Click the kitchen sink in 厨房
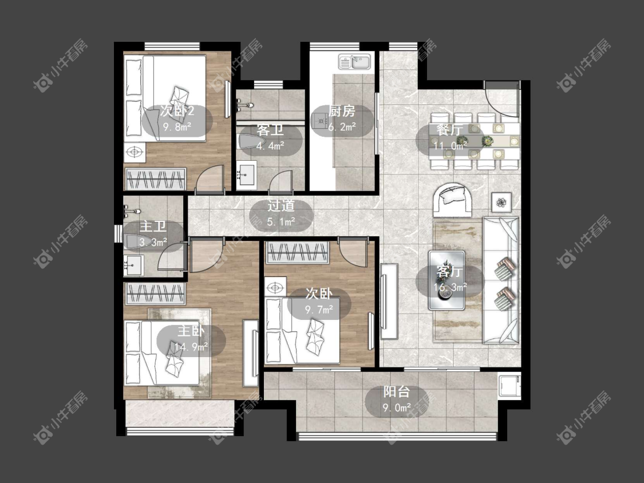click(x=354, y=62)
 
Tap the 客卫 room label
click(x=270, y=130)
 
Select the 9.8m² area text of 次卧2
click(x=177, y=126)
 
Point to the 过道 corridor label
click(x=281, y=206)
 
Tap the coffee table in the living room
click(x=447, y=280)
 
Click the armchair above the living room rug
click(x=452, y=200)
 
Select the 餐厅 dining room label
click(x=450, y=130)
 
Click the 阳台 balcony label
click(x=396, y=392)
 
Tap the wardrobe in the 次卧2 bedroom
click(x=156, y=179)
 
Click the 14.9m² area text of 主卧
click(x=191, y=347)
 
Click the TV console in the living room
click(x=389, y=301)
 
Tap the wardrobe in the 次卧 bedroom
click(x=297, y=252)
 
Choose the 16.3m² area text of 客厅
click(x=450, y=287)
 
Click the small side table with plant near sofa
click(x=501, y=201)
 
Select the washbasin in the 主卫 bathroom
click(x=133, y=266)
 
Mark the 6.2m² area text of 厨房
click(x=342, y=127)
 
